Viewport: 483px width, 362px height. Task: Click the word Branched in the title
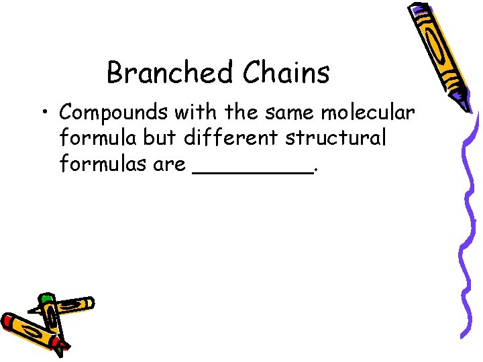[169, 72]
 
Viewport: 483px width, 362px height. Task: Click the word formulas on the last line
[103, 164]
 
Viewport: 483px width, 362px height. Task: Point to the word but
[159, 137]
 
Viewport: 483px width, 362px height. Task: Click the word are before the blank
[169, 165]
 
